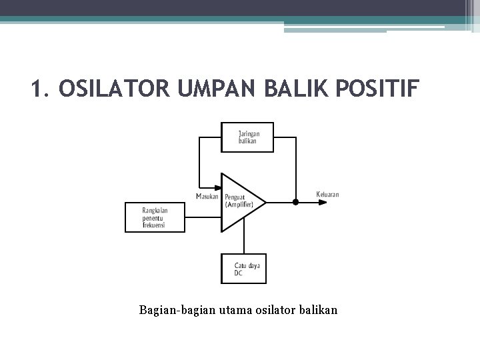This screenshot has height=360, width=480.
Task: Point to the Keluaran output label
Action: point(327,195)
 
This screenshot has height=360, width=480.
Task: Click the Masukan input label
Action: point(207,196)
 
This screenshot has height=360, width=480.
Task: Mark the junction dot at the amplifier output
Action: point(295,201)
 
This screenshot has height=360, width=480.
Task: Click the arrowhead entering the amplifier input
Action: point(218,189)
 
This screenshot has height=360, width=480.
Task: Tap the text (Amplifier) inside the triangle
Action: point(239,205)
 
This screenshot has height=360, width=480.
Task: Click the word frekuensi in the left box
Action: point(154,225)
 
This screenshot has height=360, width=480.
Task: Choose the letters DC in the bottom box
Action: point(239,273)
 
